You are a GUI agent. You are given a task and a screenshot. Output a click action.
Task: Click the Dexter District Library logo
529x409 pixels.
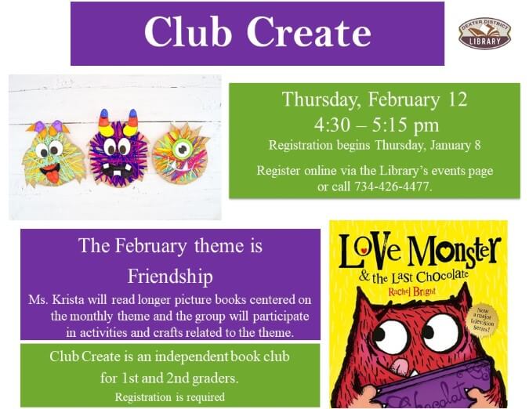(484, 33)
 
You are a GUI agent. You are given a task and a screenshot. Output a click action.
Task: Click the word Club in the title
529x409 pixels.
(189, 32)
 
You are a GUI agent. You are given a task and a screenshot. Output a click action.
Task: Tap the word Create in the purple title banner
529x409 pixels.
(309, 32)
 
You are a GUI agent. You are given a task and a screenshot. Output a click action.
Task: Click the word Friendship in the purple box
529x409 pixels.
(170, 277)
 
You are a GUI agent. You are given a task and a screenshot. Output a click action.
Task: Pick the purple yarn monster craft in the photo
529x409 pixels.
(118, 149)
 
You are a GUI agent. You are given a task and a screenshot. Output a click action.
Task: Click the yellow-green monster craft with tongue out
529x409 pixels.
(52, 153)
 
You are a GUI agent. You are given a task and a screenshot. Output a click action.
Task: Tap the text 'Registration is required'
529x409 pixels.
(169, 396)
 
